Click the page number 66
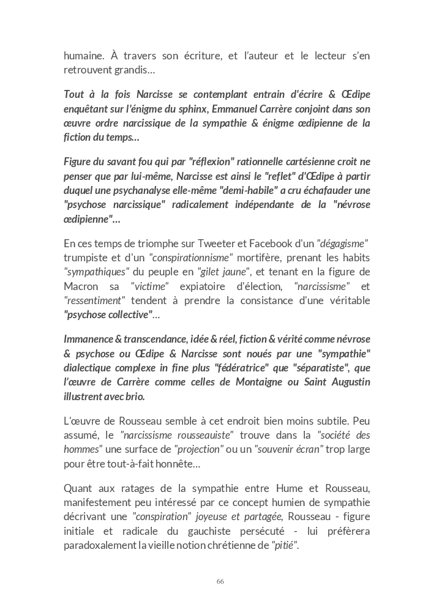coord(220,581)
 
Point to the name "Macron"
coord(81,286)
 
